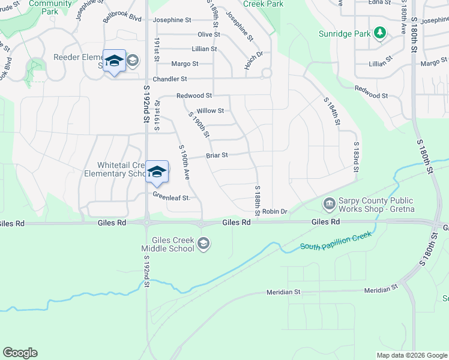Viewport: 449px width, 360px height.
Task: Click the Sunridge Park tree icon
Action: click(x=379, y=32)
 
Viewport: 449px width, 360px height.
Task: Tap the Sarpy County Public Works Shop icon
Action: click(x=329, y=204)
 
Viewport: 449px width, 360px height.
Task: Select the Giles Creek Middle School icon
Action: click(x=203, y=243)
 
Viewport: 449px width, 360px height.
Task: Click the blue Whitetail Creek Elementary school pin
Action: click(x=157, y=172)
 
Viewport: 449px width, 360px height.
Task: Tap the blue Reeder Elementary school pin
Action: click(x=114, y=61)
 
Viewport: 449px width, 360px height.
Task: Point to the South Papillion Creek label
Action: click(x=336, y=240)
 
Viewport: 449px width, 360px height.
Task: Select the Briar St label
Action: click(x=217, y=155)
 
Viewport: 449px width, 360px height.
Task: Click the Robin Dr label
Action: click(x=276, y=211)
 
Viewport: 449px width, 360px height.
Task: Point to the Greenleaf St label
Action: click(x=171, y=197)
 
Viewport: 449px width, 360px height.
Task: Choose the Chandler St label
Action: click(x=170, y=79)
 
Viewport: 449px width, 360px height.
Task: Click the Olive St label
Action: click(x=209, y=35)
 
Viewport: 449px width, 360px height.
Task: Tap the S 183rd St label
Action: click(x=356, y=157)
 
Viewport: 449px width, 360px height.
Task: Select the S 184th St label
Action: click(x=332, y=112)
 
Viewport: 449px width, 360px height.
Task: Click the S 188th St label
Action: click(x=257, y=200)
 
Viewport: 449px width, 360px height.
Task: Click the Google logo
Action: click(x=20, y=353)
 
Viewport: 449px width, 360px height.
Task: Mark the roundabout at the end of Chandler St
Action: click(x=265, y=74)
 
